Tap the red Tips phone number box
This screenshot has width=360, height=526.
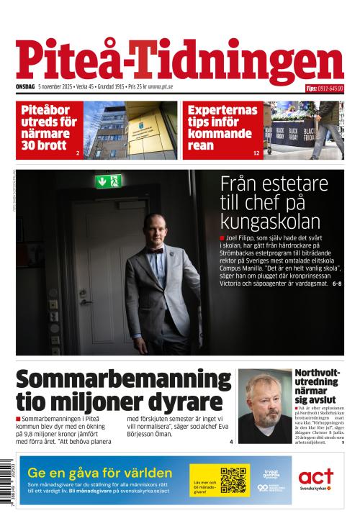(324, 89)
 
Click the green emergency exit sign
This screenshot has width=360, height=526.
(108, 181)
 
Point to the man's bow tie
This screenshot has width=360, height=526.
(155, 251)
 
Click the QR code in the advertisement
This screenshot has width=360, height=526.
(233, 480)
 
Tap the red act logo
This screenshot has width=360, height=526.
(316, 476)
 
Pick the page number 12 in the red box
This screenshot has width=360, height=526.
(256, 153)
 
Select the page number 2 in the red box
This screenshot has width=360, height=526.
(77, 153)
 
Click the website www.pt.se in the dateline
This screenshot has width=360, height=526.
(161, 87)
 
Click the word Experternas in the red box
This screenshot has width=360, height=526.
(222, 110)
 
